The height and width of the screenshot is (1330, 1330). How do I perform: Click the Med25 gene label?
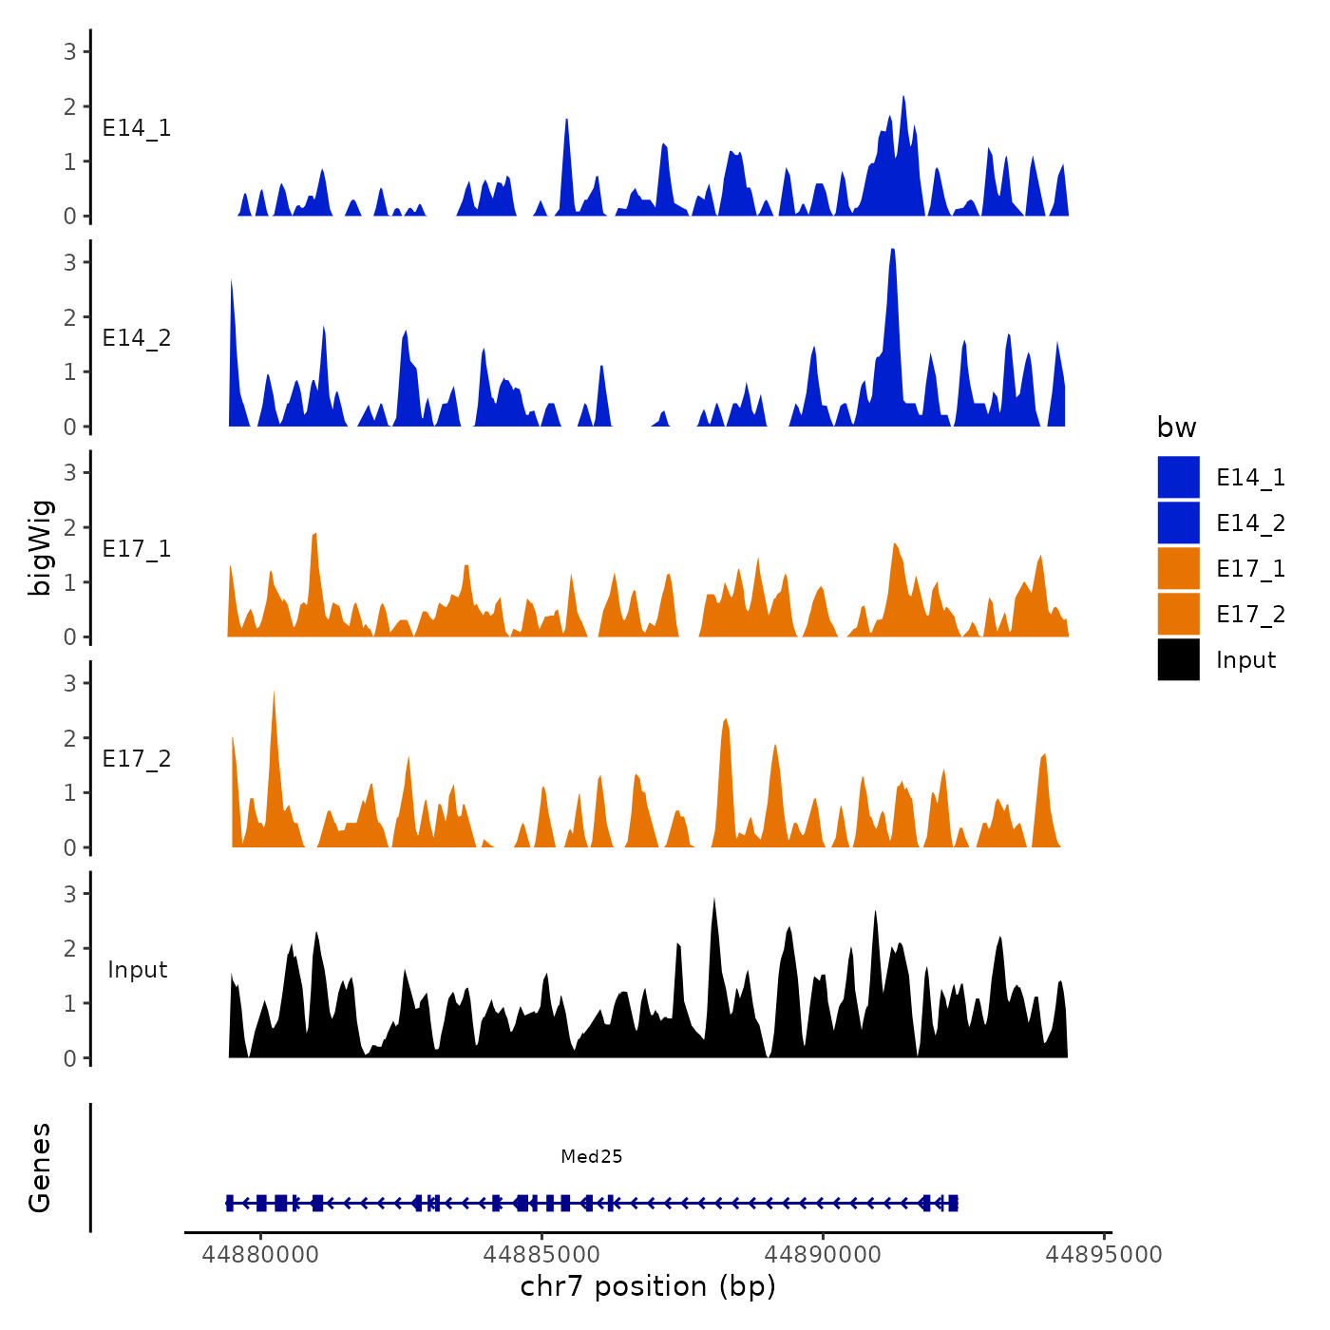coord(591,1156)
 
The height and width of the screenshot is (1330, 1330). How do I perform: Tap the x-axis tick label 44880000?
coord(260,1254)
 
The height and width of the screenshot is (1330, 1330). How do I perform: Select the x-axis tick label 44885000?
coord(541,1254)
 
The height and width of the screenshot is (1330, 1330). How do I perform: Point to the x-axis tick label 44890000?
coord(823,1254)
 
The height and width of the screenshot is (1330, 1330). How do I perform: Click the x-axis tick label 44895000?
coord(1104,1254)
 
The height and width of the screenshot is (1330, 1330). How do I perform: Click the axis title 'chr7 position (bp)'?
coord(648,1286)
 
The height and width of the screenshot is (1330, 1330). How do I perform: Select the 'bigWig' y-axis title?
coord(40,548)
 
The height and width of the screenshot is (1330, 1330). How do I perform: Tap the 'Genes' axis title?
coord(40,1168)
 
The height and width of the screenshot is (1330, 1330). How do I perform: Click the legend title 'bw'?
coord(1176,427)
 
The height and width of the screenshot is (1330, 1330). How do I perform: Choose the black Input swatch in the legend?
coord(1178,659)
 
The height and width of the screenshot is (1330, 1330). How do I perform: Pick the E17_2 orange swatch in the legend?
coord(1178,614)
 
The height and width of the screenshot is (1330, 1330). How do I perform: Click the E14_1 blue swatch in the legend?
coord(1178,477)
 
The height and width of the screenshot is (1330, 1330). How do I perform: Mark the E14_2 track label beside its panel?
coord(137,338)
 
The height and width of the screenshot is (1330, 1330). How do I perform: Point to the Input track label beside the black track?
coord(137,969)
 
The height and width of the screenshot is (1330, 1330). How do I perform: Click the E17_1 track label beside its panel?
coord(137,548)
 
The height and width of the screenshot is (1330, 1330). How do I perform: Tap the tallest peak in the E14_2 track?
coord(893,251)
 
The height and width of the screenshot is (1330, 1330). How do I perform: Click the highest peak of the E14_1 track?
coord(903,98)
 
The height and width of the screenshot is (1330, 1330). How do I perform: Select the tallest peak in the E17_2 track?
coord(274,693)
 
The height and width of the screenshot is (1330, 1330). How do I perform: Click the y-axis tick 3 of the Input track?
coord(70,894)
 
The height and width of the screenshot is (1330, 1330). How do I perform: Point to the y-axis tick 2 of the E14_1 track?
coord(70,106)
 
